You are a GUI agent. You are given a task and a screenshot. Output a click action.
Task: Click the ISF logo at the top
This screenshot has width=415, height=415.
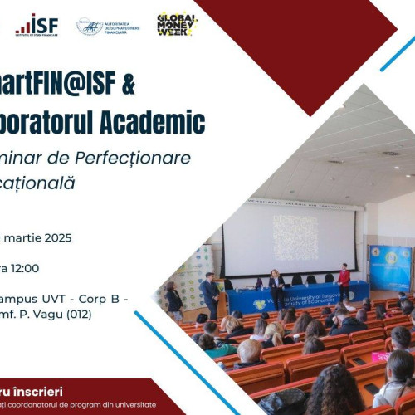pos(37,25)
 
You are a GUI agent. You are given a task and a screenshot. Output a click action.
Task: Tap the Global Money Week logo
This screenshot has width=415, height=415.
pos(177,24)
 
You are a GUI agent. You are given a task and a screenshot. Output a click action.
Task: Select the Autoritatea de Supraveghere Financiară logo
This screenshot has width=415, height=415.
pos(108,27)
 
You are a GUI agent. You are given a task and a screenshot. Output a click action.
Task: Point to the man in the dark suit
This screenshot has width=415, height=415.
pos(210,293)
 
